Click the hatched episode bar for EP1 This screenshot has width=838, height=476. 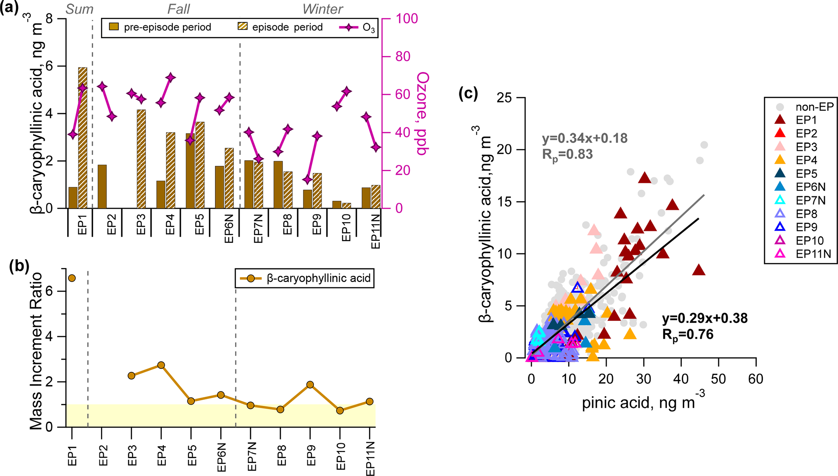coord(83,138)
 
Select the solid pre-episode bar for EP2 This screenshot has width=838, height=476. coord(102,187)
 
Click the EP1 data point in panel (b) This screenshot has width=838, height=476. coord(72,278)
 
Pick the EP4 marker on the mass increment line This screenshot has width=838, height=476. coord(161,365)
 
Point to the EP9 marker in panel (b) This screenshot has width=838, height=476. coord(310,385)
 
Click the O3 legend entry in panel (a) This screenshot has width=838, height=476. coord(357,28)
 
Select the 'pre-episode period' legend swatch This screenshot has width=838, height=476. coord(114,27)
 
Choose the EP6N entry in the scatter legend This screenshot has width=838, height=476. coord(780,187)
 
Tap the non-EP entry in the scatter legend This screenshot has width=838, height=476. coord(780,107)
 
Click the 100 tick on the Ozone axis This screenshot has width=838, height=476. coord(406,19)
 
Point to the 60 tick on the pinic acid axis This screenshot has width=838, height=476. coord(756,379)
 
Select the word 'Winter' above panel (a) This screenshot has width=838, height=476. coord(323,9)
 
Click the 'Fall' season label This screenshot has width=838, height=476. coord(178,9)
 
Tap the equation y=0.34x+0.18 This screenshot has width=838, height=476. coord(585,138)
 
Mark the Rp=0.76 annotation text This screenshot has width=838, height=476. coord(688,334)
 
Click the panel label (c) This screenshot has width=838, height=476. coord(468,94)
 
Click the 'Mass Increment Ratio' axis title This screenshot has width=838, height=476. coord(36,351)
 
